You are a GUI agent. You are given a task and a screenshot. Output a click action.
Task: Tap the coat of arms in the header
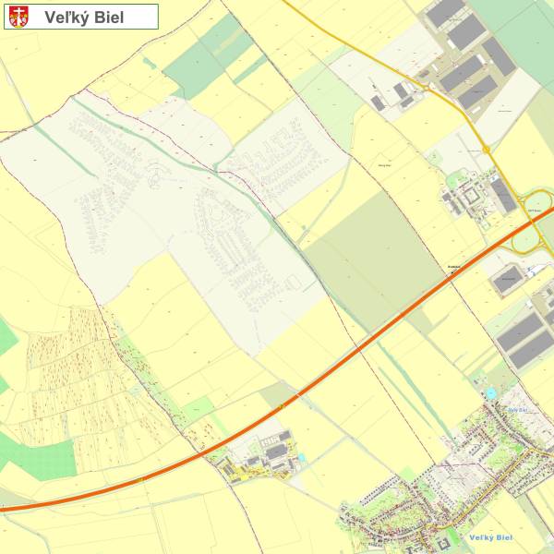19,17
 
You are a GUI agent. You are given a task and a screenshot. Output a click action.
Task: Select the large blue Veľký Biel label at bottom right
490,537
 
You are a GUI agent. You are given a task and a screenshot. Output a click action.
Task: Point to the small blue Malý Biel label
517,409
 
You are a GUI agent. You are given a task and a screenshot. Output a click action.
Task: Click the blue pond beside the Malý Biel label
491,394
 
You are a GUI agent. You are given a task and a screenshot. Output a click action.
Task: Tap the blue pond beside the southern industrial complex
301,457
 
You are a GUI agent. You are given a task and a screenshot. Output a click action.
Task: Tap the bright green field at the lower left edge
42,458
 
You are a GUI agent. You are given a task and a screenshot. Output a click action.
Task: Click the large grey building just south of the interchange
510,278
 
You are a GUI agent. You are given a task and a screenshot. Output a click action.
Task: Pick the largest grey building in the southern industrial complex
277,452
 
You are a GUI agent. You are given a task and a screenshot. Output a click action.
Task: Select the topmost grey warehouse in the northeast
445,12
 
